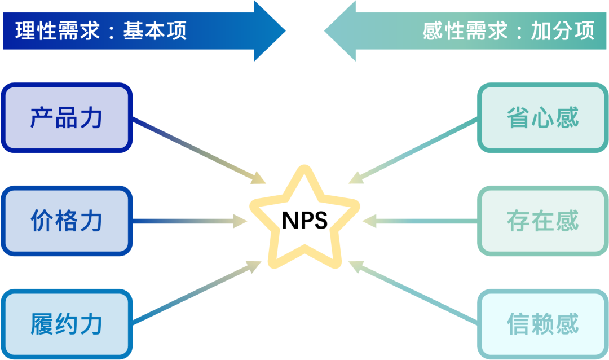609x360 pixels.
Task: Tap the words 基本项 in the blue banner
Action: point(156,31)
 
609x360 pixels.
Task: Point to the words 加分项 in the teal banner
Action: point(563,31)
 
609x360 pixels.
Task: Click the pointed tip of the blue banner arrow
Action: point(285,30)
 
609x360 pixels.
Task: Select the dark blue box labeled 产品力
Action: point(67,117)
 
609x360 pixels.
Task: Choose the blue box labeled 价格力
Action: point(67,221)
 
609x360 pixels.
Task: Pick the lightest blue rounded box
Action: point(67,324)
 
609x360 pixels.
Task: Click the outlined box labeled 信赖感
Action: point(542,324)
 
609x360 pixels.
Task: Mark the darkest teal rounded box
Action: point(542,117)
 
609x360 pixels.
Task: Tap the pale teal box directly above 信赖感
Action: point(542,221)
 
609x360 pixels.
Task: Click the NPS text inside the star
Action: point(304,220)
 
